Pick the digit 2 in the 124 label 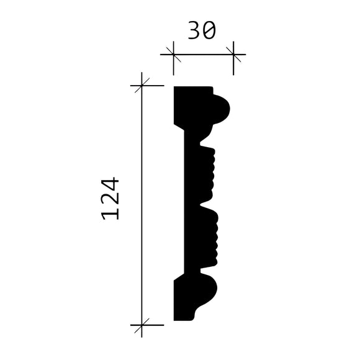pyautogui.click(x=110, y=199)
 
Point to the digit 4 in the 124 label pyautogui.click(x=110, y=184)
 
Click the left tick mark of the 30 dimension pyautogui.click(x=173, y=55)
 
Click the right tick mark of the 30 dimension pyautogui.click(x=233, y=55)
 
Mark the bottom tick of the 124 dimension pyautogui.click(x=143, y=324)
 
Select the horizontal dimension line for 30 pyautogui.click(x=203, y=55)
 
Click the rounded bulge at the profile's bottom pyautogui.click(x=211, y=292)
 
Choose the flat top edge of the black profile pyautogui.click(x=192, y=87)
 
